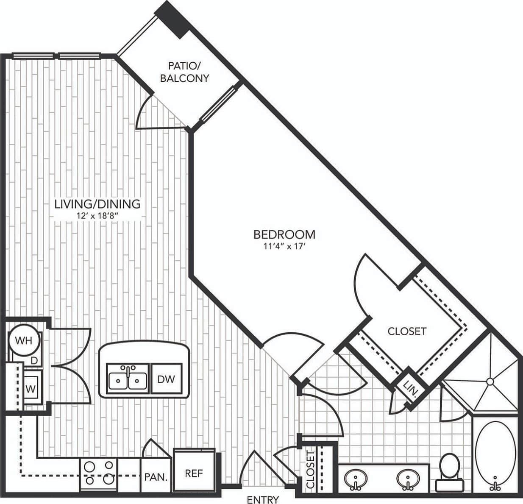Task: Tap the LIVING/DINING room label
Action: pyautogui.click(x=97, y=204)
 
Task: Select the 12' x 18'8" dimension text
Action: pyautogui.click(x=97, y=216)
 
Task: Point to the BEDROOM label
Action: pyautogui.click(x=284, y=234)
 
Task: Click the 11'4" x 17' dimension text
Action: pyautogui.click(x=284, y=246)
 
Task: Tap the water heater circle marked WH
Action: pyautogui.click(x=24, y=340)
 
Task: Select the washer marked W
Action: pyautogui.click(x=31, y=387)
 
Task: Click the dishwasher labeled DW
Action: pyautogui.click(x=166, y=379)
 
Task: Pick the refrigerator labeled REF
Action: pyautogui.click(x=194, y=473)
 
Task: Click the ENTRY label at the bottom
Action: pyautogui.click(x=263, y=499)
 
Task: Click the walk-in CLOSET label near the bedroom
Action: pyautogui.click(x=407, y=331)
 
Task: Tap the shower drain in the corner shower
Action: pyautogui.click(x=490, y=381)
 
